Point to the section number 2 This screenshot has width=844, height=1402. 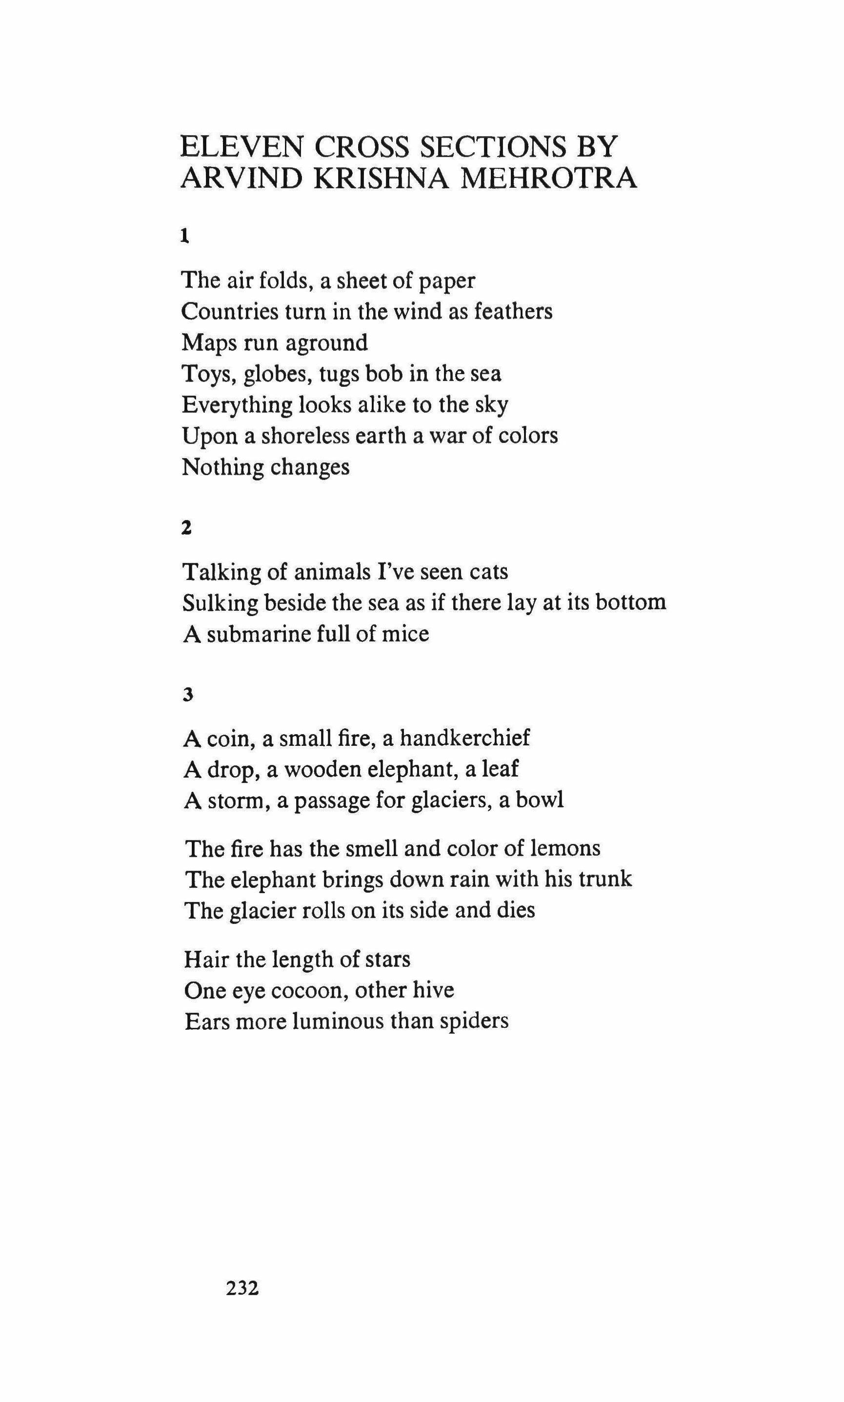click(x=186, y=528)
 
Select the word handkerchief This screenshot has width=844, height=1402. click(x=464, y=738)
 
